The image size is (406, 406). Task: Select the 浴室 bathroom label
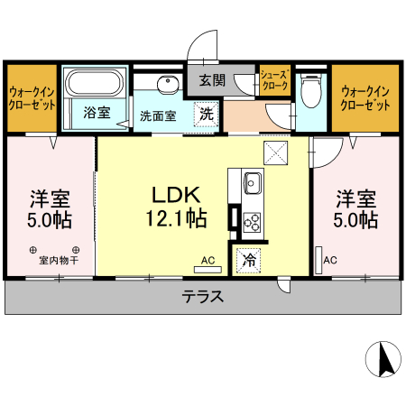pyautogui.click(x=97, y=113)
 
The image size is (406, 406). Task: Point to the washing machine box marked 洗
pyautogui.click(x=207, y=115)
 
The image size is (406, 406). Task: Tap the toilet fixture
pyautogui.click(x=311, y=90)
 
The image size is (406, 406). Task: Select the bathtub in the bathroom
pyautogui.click(x=95, y=85)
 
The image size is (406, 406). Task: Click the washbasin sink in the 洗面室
pyautogui.click(x=168, y=86)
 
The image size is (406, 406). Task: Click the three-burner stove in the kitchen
pyautogui.click(x=251, y=219)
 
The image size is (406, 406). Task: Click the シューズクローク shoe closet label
pyautogui.click(x=274, y=81)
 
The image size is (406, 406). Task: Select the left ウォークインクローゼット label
pyautogui.click(x=32, y=97)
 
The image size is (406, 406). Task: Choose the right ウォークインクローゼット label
pyautogui.click(x=365, y=97)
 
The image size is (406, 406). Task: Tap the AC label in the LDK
pyautogui.click(x=208, y=261)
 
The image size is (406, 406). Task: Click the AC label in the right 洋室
pyautogui.click(x=330, y=261)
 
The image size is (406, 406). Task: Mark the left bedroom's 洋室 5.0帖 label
pyautogui.click(x=50, y=208)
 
